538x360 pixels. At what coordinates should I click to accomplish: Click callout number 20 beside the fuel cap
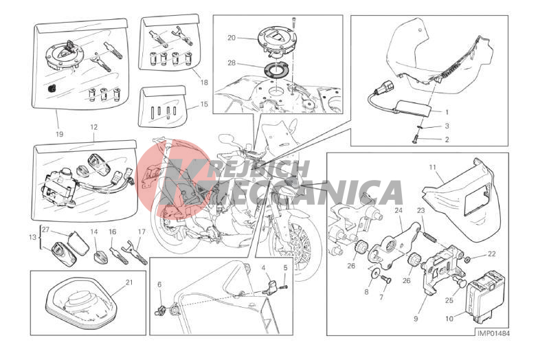tap(232, 38)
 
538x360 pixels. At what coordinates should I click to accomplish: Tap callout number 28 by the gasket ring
tap(232, 63)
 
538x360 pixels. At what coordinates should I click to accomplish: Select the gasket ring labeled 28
tap(275, 71)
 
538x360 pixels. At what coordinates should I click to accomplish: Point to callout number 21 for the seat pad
tap(129, 283)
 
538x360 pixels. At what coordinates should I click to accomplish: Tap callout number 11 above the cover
tap(432, 168)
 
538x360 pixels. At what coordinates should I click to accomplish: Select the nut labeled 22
tap(469, 258)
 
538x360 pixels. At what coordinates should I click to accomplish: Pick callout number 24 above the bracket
tap(399, 211)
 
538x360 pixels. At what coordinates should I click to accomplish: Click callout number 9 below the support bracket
tap(416, 319)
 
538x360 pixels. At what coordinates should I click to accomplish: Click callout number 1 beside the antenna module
tap(447, 112)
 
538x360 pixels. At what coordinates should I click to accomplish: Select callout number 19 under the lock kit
tap(59, 134)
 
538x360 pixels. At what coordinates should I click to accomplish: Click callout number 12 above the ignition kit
tap(94, 127)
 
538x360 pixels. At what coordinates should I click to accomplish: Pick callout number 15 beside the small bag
tap(204, 104)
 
